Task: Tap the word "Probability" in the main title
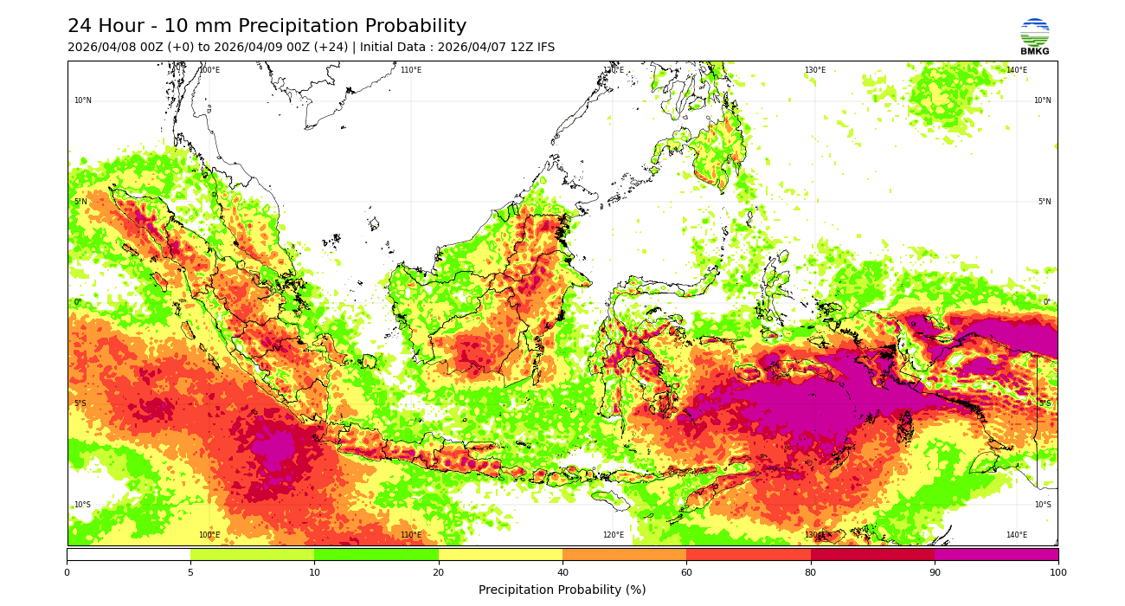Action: coord(415,27)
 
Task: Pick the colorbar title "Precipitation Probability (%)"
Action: coord(562,590)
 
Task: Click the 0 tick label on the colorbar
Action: coord(67,572)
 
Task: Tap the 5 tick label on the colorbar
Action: coord(190,572)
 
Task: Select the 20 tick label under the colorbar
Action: coord(439,572)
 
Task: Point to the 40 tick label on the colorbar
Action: coord(562,572)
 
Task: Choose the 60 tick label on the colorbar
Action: coord(686,572)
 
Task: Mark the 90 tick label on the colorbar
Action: coord(934,572)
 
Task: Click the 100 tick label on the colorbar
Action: coord(1057,572)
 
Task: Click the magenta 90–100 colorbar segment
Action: coord(996,554)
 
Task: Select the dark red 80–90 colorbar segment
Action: coord(872,554)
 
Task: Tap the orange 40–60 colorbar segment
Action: coord(624,554)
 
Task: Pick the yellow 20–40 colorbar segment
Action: coord(500,554)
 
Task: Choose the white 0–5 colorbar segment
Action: coord(128,554)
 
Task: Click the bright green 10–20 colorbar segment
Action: coord(376,554)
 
